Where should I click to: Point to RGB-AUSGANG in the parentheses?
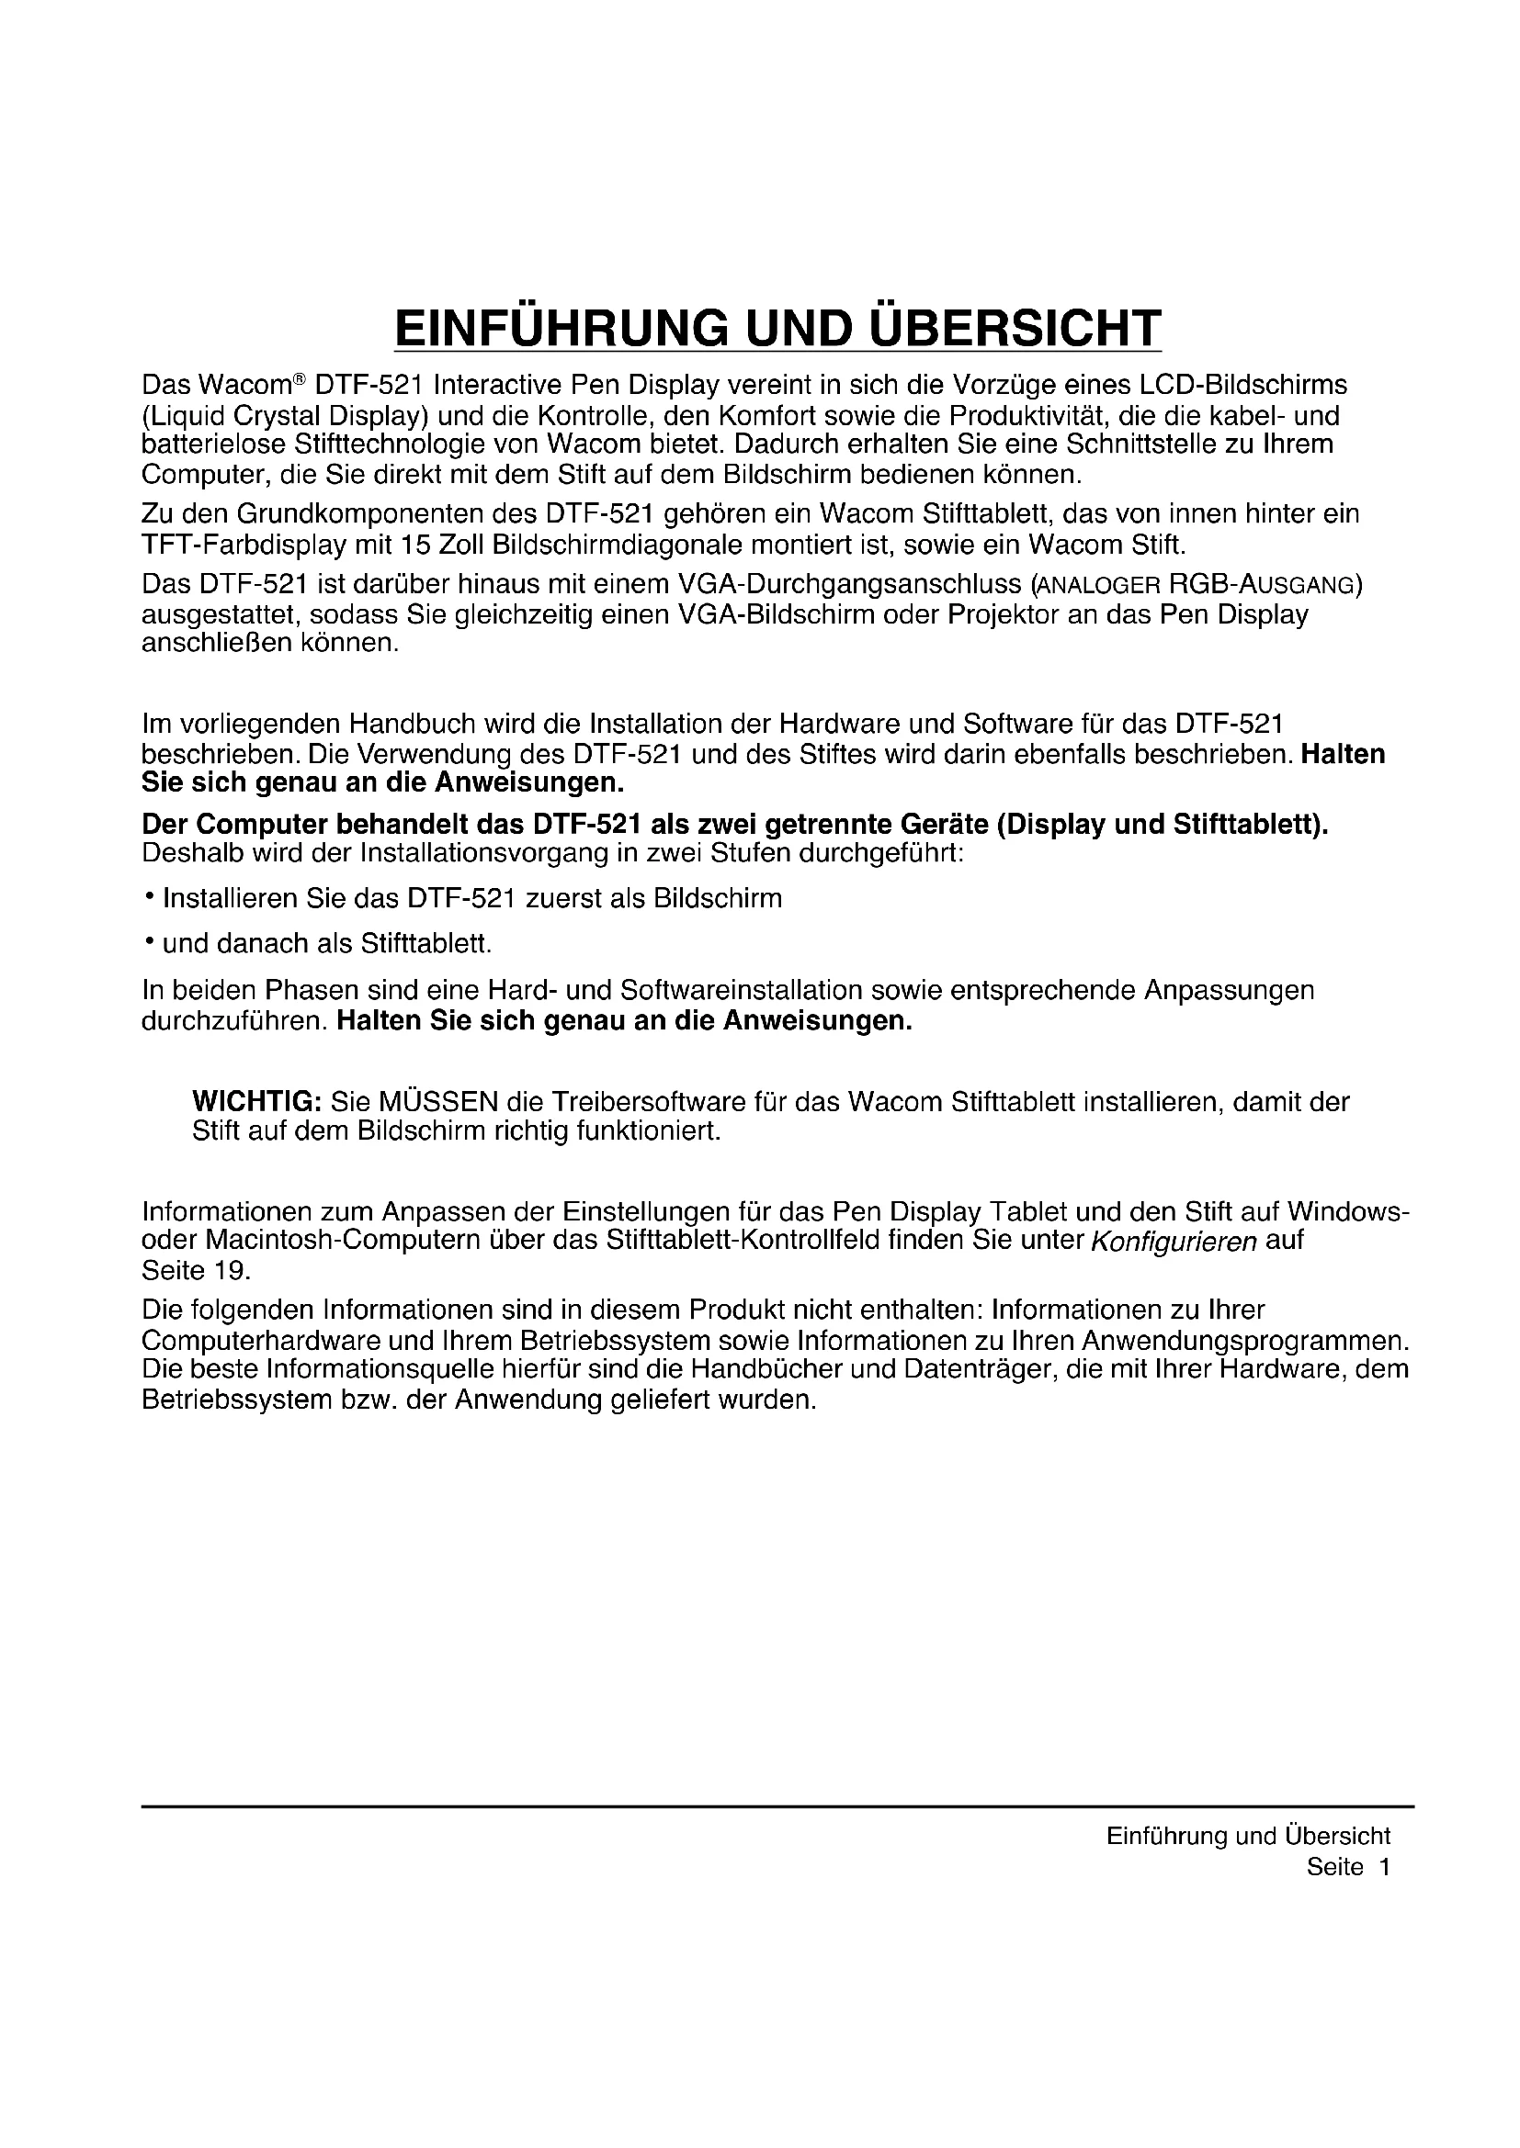click(1262, 586)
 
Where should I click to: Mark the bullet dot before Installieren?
click(149, 896)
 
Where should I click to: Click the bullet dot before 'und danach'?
click(149, 941)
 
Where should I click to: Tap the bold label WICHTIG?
click(256, 1101)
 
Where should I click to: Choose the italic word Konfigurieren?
click(1174, 1243)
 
